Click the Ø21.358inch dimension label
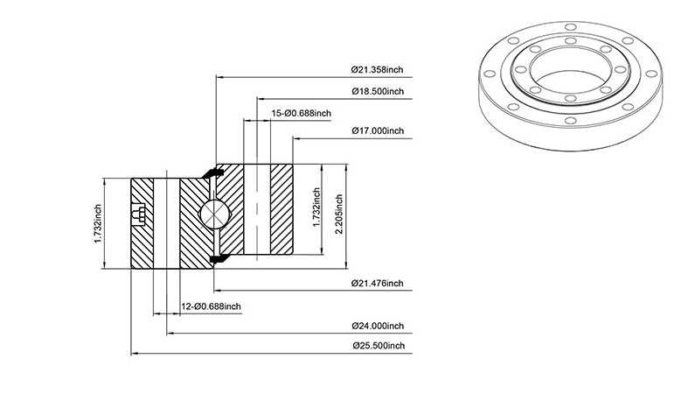(x=377, y=69)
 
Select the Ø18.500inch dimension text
(x=378, y=91)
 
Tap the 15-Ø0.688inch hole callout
(x=302, y=113)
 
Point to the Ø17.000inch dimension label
(x=378, y=130)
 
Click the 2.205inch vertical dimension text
(x=338, y=214)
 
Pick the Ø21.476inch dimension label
(x=377, y=283)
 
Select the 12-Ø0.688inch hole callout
(x=211, y=306)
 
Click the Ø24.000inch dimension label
(x=378, y=326)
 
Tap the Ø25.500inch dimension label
(x=379, y=346)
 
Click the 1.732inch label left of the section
(x=98, y=223)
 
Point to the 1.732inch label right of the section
(x=316, y=208)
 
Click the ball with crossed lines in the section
(x=214, y=214)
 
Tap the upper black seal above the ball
(x=212, y=173)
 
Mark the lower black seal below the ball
(x=219, y=258)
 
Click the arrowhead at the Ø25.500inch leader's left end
(x=134, y=354)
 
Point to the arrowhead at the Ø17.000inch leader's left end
(x=296, y=138)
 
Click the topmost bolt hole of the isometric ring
(x=570, y=27)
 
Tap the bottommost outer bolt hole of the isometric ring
(x=570, y=120)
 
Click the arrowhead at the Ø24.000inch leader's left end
(x=170, y=333)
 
